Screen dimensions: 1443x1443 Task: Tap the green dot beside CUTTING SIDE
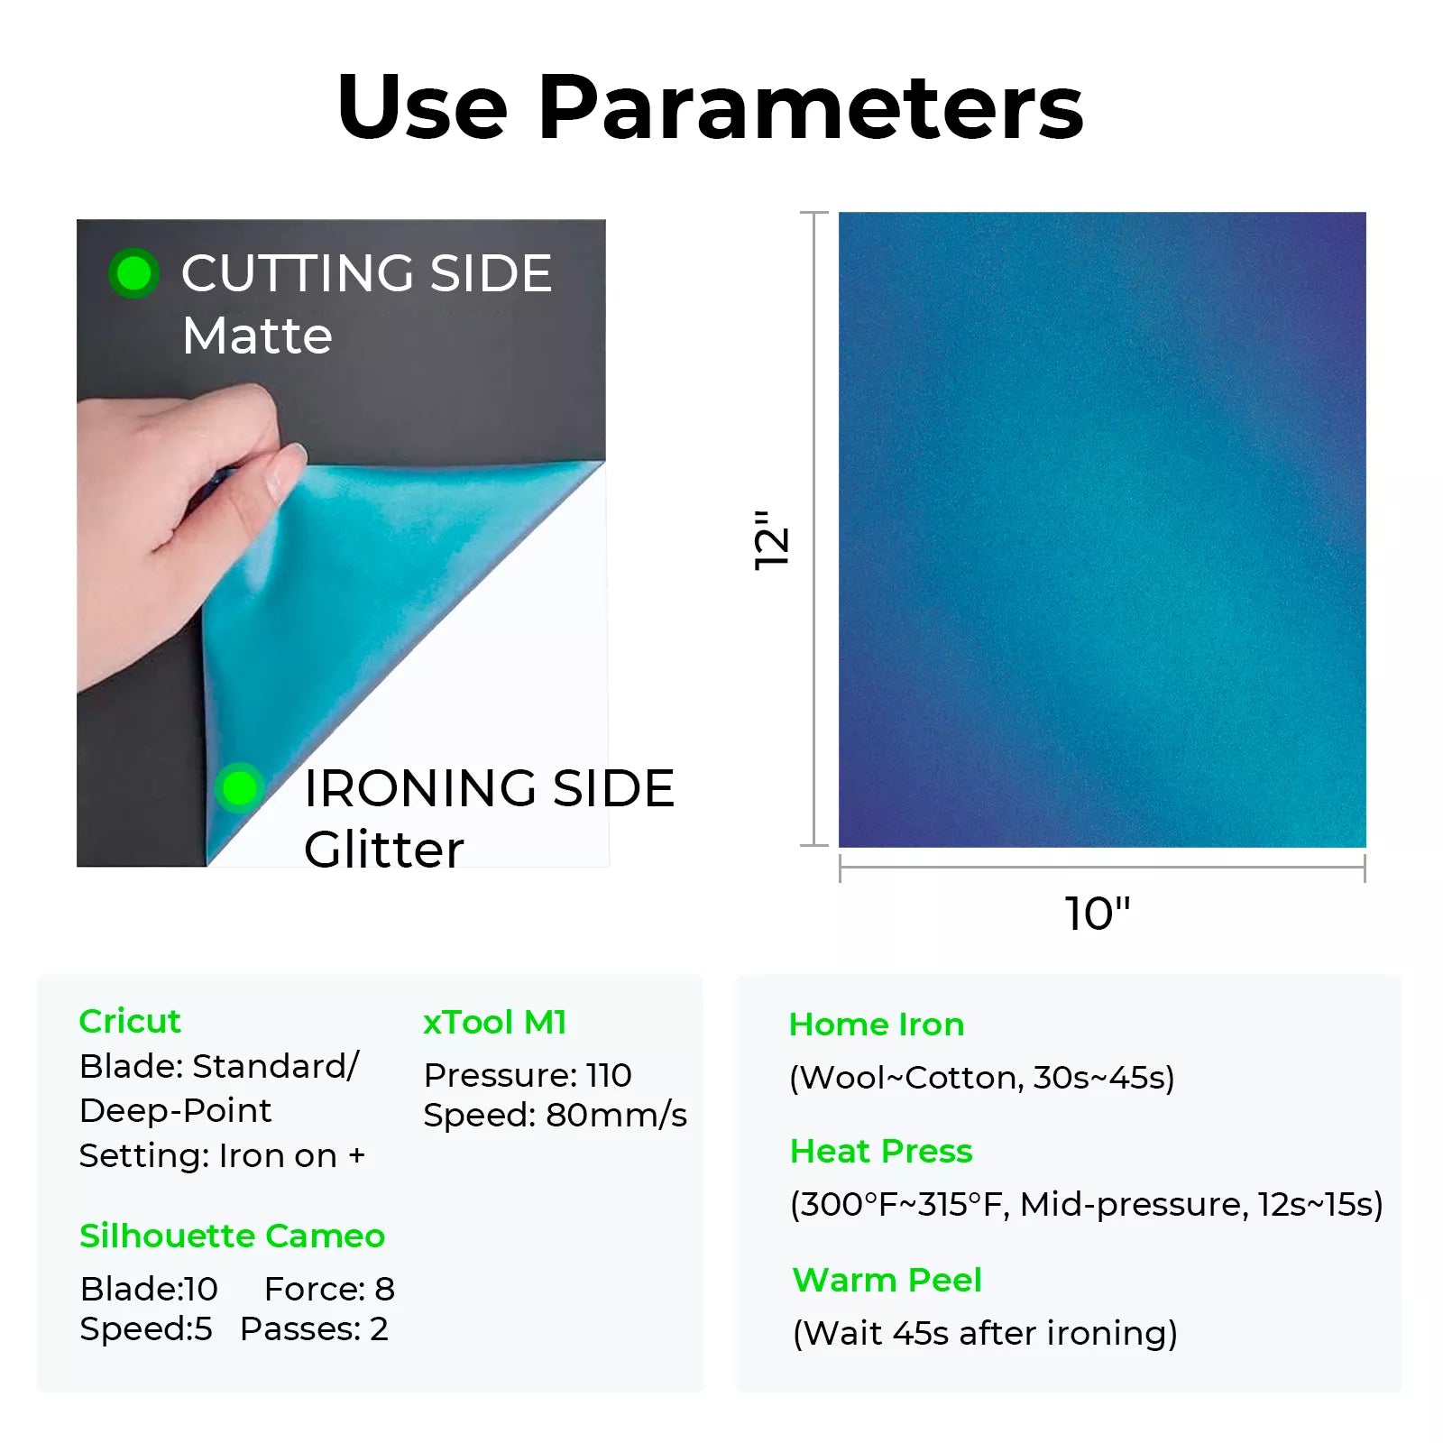(134, 273)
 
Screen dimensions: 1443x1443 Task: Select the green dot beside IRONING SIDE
(239, 788)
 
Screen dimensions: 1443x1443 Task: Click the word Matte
(257, 335)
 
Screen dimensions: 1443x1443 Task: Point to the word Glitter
(383, 850)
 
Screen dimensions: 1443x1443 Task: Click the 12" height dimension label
(772, 539)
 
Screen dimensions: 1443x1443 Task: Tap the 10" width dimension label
(1098, 914)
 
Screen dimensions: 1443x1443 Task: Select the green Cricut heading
(130, 1021)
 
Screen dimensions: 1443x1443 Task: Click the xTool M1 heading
(495, 1022)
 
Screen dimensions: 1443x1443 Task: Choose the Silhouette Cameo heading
(232, 1236)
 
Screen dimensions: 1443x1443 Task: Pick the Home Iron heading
(877, 1025)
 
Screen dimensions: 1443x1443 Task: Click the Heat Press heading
(881, 1151)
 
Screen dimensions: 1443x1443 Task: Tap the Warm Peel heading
(887, 1280)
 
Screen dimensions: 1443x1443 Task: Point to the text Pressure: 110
(528, 1075)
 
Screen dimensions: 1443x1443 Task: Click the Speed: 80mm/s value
(556, 1116)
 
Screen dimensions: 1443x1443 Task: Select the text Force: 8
(329, 1289)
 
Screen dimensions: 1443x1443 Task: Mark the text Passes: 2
(314, 1328)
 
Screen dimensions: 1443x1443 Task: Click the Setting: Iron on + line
(222, 1155)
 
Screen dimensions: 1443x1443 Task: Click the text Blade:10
(149, 1289)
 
